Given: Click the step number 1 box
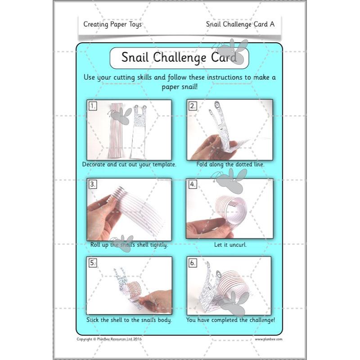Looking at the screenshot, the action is pos(93,106).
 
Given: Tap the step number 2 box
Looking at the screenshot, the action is pos(193,106).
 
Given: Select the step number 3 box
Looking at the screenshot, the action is pos(93,184).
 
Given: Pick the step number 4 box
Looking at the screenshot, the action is pos(193,184).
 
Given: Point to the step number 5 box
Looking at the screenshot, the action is pos(93,263).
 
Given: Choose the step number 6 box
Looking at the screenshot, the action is pos(193,263).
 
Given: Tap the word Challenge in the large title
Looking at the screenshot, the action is pos(180,58).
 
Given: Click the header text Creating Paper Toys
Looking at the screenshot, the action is pos(112,24).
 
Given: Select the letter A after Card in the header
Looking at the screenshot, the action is pos(272,24).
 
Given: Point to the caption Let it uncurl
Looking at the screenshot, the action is pos(230,245).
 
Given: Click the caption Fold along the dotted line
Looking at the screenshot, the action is pos(230,164).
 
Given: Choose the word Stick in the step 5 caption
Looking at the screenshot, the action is pos(92,320).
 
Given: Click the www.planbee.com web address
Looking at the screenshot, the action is pos(269,339).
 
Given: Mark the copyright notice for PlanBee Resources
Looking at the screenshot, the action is pos(109,339).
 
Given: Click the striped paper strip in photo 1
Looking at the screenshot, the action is pos(117,131).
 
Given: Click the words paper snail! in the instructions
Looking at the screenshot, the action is pos(180,87).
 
